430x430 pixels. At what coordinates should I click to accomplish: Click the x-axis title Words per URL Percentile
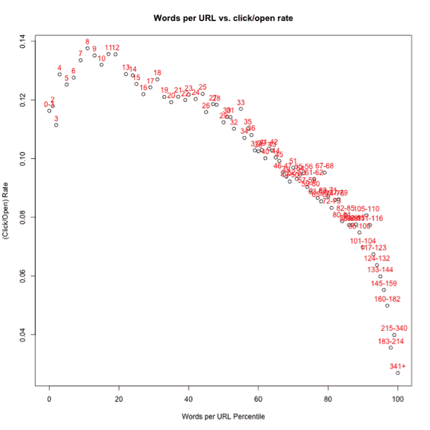click(223, 417)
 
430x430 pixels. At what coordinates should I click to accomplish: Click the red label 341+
click(398, 366)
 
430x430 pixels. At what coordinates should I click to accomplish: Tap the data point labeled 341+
click(398, 373)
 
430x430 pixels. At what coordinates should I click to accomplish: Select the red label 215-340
click(393, 328)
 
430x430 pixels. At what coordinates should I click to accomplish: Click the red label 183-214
click(391, 341)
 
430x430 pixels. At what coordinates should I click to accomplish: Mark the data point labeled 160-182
click(387, 305)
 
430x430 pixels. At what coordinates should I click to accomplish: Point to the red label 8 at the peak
click(87, 42)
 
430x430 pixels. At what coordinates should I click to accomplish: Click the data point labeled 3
click(56, 125)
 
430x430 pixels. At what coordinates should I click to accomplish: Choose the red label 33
click(241, 102)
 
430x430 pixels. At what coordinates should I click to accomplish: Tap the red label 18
click(157, 72)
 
